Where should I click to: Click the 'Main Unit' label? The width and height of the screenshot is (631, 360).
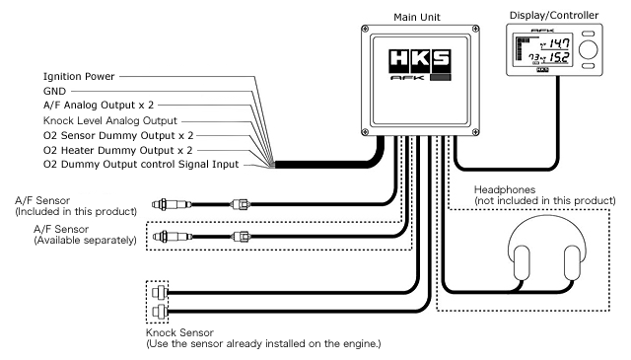[417, 18]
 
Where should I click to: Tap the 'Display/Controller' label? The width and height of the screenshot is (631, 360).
[554, 16]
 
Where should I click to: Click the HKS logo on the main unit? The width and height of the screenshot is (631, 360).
[420, 60]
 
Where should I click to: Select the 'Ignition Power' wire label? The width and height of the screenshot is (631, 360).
[79, 77]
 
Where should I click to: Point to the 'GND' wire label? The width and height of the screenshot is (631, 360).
[54, 92]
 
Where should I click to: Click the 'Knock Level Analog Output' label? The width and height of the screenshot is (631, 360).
[110, 120]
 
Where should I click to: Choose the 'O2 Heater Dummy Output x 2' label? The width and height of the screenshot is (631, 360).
[118, 151]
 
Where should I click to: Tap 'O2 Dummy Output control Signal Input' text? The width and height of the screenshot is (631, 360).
[141, 165]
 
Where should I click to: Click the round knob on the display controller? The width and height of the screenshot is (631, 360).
[589, 49]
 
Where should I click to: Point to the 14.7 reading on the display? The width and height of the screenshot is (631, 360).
[560, 42]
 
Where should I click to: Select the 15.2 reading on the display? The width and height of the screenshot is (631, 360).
[560, 57]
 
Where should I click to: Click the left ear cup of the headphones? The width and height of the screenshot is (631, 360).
[522, 262]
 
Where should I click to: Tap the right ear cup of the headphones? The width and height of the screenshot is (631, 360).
[572, 262]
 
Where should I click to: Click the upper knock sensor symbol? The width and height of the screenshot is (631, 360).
[160, 292]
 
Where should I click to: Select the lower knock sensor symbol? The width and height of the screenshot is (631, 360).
[160, 312]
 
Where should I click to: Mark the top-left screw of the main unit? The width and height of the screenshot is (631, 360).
[365, 29]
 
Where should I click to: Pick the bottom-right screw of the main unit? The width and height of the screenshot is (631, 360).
[475, 132]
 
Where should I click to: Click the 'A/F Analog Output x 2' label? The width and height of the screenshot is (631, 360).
[99, 106]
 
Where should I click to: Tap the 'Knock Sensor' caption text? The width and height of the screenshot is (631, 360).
[179, 333]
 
